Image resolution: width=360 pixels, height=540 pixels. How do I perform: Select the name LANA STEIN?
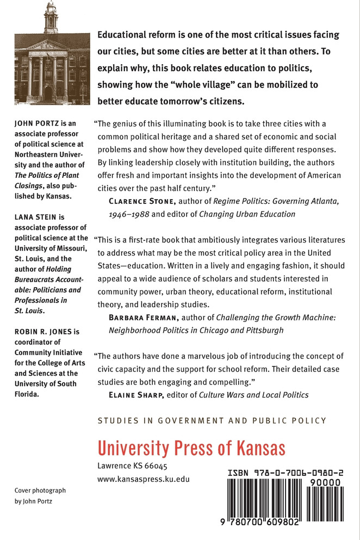34,217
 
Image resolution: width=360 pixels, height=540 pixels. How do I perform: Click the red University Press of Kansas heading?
191,448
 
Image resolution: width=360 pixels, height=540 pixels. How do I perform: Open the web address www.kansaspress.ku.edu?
144,479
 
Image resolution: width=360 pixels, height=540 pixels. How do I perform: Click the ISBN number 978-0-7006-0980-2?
285,474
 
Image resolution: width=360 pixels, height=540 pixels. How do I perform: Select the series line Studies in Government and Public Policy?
212,420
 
